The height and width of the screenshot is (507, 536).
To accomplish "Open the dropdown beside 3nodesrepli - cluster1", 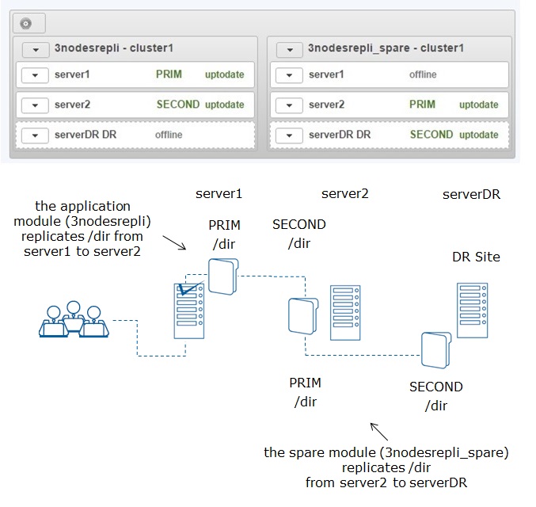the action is pyautogui.click(x=36, y=50).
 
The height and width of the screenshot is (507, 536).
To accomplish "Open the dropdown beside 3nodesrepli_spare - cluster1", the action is pyautogui.click(x=290, y=50).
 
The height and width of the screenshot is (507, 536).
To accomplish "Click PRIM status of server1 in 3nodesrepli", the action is pyautogui.click(x=169, y=74).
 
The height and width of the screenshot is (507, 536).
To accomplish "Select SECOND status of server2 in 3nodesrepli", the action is pyautogui.click(x=178, y=105).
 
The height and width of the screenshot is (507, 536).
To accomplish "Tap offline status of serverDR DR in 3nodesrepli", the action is pyautogui.click(x=169, y=135).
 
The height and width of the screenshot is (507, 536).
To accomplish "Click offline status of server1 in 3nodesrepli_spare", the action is pyautogui.click(x=423, y=74).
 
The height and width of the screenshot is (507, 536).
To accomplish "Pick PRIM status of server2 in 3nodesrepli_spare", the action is pyautogui.click(x=423, y=105).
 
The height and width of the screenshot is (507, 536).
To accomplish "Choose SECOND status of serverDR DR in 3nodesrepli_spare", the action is pyautogui.click(x=431, y=135).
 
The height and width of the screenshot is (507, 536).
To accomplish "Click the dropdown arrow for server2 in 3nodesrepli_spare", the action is pyautogui.click(x=289, y=105).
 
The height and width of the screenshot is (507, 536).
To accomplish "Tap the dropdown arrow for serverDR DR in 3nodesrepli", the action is pyautogui.click(x=35, y=135).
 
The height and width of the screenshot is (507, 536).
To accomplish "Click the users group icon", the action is pyautogui.click(x=74, y=319).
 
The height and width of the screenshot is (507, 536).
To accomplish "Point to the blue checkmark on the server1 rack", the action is pyautogui.click(x=191, y=288).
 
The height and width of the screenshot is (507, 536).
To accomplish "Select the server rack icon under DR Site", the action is pyautogui.click(x=473, y=311).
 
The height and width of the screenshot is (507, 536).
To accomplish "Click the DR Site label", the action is pyautogui.click(x=476, y=257).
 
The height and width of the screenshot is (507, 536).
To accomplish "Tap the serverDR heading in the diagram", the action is pyautogui.click(x=471, y=194).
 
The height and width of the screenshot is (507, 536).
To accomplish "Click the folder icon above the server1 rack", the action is pyautogui.click(x=223, y=276).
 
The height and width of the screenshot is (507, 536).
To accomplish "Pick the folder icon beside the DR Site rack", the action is pyautogui.click(x=436, y=350).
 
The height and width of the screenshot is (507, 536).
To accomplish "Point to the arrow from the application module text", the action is pyautogui.click(x=174, y=242).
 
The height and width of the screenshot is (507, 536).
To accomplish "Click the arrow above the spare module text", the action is pyautogui.click(x=379, y=432).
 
